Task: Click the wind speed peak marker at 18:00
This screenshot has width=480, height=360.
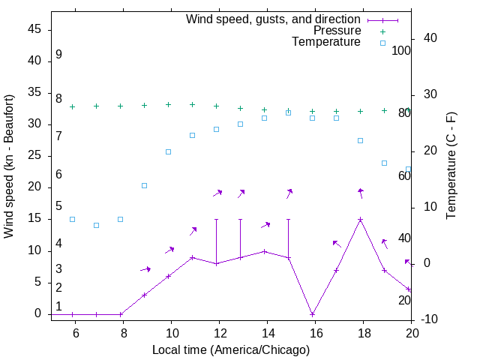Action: [361, 220]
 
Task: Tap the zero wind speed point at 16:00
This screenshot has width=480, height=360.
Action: [313, 314]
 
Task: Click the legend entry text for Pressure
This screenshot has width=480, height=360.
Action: [337, 31]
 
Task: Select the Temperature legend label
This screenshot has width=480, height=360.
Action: [326, 43]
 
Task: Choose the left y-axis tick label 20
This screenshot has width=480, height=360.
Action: [34, 187]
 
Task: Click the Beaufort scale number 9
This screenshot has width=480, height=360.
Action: [58, 55]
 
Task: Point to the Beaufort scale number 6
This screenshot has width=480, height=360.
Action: [58, 174]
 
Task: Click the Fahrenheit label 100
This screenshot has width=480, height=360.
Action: [402, 50]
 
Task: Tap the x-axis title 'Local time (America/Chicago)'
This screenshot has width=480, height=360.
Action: [230, 349]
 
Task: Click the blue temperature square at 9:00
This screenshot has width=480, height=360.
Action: [145, 185]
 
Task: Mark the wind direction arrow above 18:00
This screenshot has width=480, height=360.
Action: [361, 193]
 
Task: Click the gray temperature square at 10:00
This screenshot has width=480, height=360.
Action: [169, 151]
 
